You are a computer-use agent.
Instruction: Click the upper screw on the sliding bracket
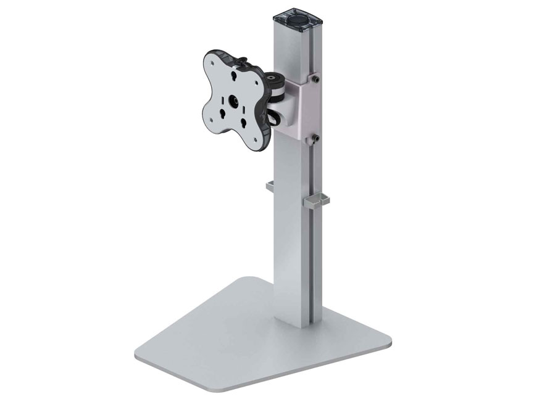(316, 79)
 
